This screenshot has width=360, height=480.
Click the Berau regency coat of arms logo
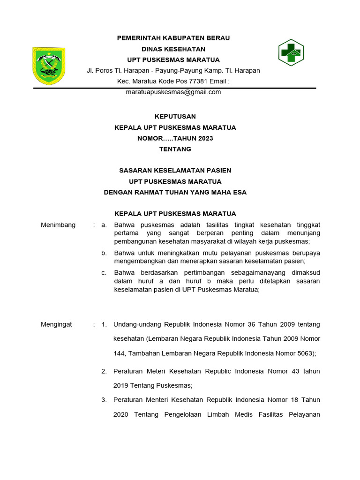(48, 66)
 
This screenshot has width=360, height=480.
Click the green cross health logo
(291, 52)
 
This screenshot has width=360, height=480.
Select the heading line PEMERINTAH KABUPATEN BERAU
(173, 38)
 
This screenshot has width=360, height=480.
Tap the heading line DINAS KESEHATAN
(173, 49)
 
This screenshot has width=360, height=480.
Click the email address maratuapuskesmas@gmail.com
(173, 92)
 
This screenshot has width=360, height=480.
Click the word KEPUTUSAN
(175, 116)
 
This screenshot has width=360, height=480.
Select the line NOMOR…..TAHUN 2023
(175, 138)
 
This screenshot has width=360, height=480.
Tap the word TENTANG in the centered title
(175, 149)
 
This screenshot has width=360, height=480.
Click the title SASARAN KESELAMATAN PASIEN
(175, 170)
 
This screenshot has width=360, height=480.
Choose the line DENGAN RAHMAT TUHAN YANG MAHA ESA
(175, 192)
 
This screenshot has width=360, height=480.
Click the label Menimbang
(58, 225)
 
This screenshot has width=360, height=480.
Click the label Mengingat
(56, 324)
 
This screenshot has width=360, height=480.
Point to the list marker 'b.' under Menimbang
(104, 253)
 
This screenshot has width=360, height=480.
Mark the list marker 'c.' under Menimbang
(104, 272)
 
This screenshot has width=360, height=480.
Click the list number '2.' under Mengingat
(104, 371)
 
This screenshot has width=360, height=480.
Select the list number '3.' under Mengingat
(104, 400)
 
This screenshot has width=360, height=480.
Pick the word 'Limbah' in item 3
(220, 414)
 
